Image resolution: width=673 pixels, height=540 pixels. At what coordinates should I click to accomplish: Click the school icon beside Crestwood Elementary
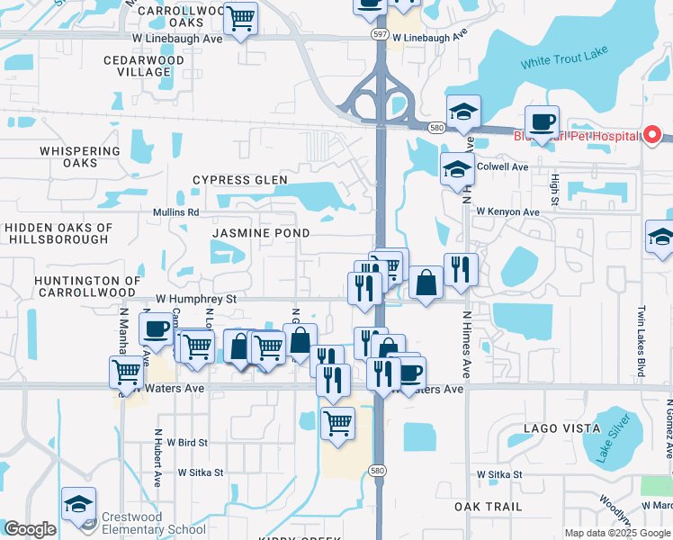[x=79, y=505]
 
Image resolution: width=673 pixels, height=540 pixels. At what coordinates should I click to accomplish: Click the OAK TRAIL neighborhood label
[x=489, y=507]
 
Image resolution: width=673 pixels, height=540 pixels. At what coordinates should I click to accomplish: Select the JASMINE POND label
[x=261, y=233]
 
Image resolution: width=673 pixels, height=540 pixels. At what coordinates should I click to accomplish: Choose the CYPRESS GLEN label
[x=240, y=180]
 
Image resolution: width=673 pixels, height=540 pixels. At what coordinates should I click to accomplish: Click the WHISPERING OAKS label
[x=80, y=157]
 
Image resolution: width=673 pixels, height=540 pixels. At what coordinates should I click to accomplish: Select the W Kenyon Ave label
[x=507, y=212]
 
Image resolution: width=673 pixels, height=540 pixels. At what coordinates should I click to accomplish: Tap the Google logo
[x=30, y=529]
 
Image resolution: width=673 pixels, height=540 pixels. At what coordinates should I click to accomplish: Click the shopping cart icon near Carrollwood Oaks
[x=240, y=17]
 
